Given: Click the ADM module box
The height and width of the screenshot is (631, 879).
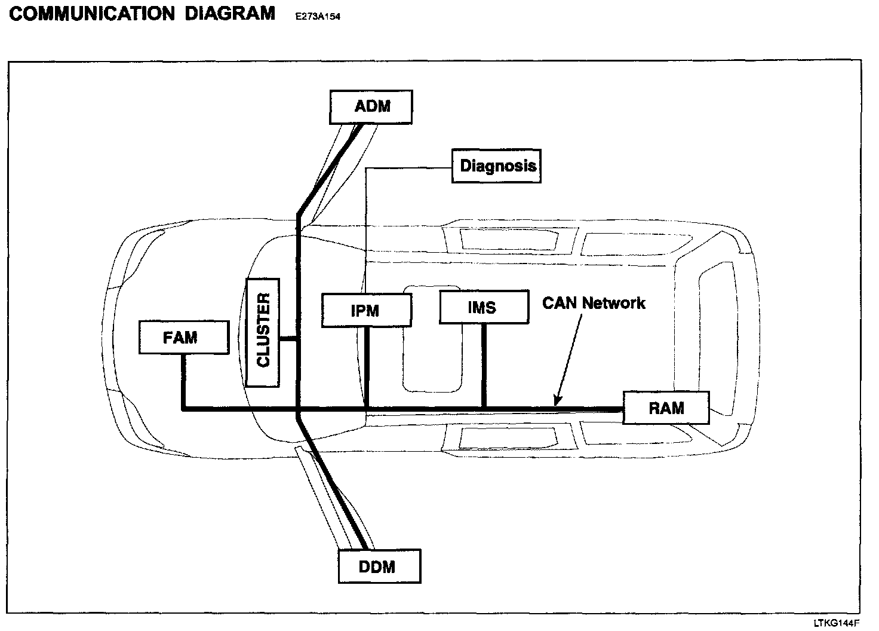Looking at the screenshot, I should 371,107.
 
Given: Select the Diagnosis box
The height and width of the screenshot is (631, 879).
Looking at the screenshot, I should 496,166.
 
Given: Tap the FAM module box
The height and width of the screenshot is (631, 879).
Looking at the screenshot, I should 183,338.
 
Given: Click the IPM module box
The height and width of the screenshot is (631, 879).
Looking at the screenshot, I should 366,311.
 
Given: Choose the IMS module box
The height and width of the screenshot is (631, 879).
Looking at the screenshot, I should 484,308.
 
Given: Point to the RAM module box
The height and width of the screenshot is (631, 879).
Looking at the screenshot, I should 666,408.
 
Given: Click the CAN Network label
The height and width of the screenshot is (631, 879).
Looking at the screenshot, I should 594,303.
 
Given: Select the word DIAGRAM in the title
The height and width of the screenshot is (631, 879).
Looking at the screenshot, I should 230,14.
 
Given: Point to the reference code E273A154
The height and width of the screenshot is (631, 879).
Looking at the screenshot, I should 318,17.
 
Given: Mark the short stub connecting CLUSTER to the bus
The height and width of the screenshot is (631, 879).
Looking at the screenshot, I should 288,339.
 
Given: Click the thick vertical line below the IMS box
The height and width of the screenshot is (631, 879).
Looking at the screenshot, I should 484,366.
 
